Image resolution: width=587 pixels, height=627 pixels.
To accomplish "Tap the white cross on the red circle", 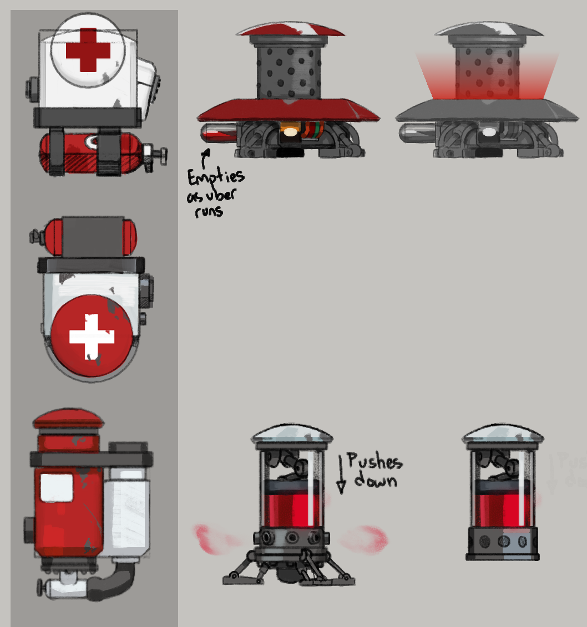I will click(92, 337).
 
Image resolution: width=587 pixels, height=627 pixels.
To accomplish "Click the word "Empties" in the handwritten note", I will click(215, 178).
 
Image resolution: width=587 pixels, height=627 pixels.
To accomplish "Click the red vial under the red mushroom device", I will click(217, 133).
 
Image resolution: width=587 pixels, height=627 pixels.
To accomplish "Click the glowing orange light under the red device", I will click(290, 132).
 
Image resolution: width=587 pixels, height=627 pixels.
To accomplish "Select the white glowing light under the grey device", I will click(489, 132).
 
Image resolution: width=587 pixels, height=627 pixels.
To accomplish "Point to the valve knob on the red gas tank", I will click(158, 152).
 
